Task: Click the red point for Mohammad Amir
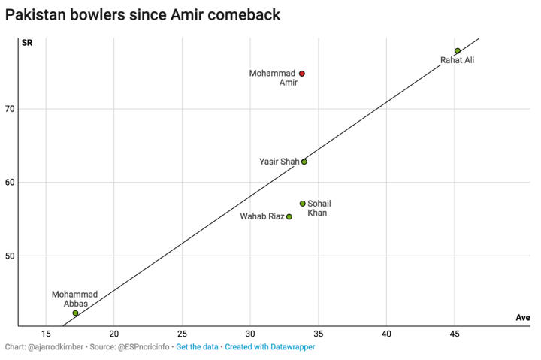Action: (302, 74)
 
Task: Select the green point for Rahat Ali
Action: (458, 51)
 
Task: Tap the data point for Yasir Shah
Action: (304, 162)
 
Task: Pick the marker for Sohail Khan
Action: (303, 204)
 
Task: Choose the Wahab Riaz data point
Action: (289, 217)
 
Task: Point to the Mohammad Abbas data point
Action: (76, 313)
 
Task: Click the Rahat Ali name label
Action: (457, 61)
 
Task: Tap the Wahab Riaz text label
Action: (261, 217)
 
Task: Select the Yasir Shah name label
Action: (279, 162)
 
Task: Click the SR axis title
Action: (27, 42)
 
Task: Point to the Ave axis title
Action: (523, 318)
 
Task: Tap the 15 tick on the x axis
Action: (46, 334)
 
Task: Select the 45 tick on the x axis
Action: (455, 334)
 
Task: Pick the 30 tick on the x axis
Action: (250, 334)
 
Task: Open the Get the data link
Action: (197, 348)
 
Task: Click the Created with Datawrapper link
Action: (270, 348)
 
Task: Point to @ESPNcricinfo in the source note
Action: (140, 348)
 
